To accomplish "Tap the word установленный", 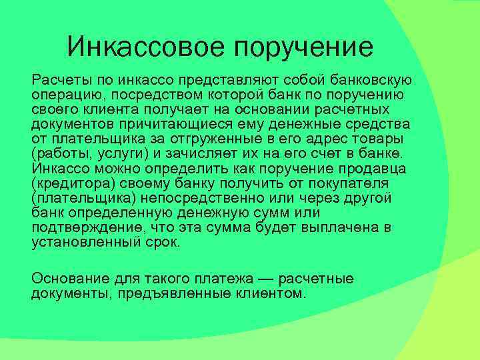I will coord(86,243).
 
